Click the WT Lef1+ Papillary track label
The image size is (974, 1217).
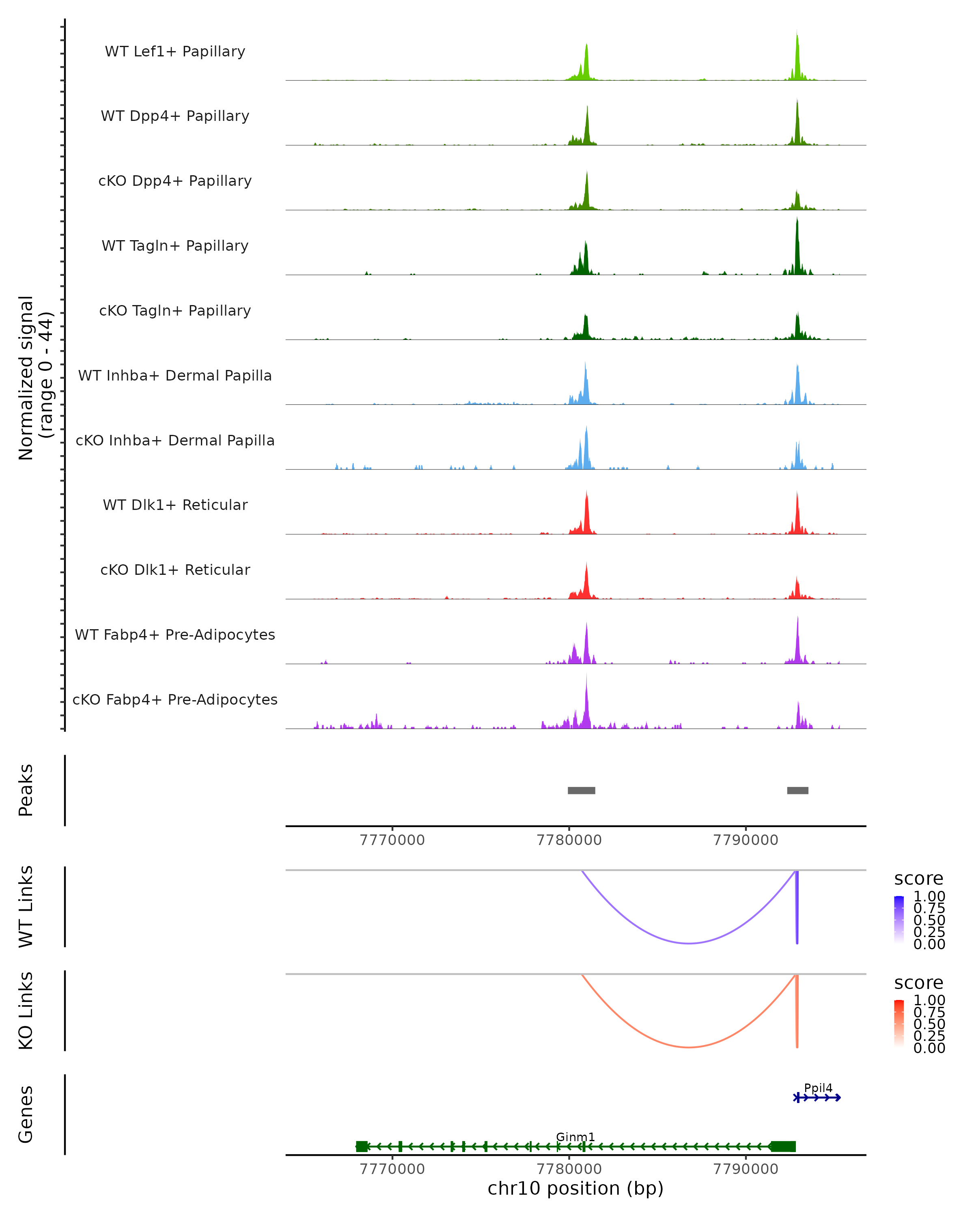pyautogui.click(x=175, y=52)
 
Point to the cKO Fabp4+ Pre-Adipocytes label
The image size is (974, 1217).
pyautogui.click(x=175, y=699)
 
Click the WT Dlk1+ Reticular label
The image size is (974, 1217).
pyautogui.click(x=175, y=505)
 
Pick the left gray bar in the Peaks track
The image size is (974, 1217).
pyautogui.click(x=581, y=790)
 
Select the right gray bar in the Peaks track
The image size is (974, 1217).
pyautogui.click(x=797, y=790)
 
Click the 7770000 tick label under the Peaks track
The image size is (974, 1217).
pyautogui.click(x=392, y=840)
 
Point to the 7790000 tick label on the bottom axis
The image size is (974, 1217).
pyautogui.click(x=746, y=1169)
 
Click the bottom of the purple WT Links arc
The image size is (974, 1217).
pyautogui.click(x=689, y=943)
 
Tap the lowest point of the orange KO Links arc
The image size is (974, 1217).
pyautogui.click(x=689, y=1047)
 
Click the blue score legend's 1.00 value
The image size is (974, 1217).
pyautogui.click(x=929, y=897)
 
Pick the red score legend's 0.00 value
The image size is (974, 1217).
pyautogui.click(x=929, y=1048)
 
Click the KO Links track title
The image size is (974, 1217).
pyautogui.click(x=26, y=1011)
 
